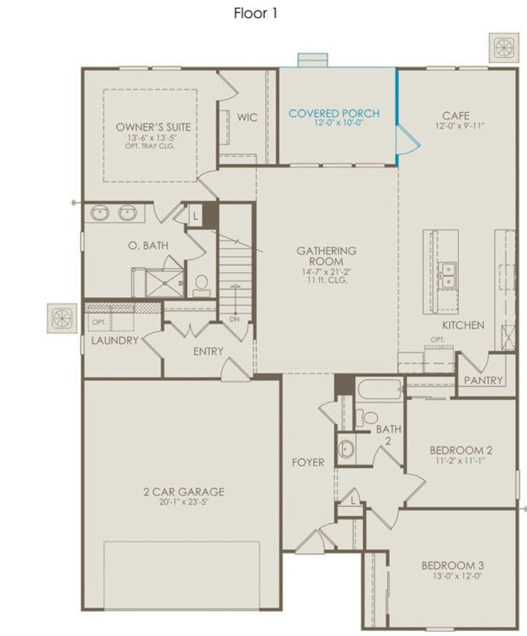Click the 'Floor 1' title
(256, 13)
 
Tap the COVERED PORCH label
(334, 113)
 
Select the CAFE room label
(456, 116)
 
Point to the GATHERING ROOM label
(326, 256)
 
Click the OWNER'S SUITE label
(153, 127)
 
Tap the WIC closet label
(247, 117)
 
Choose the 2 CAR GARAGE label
(184, 492)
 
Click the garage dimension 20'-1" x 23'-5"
(184, 502)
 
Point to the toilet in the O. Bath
(201, 286)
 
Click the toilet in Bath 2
(367, 418)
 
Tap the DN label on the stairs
(234, 319)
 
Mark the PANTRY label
(483, 380)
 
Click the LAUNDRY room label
(115, 340)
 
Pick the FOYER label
(308, 462)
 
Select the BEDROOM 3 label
(453, 565)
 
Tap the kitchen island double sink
(448, 274)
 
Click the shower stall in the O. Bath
(164, 283)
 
